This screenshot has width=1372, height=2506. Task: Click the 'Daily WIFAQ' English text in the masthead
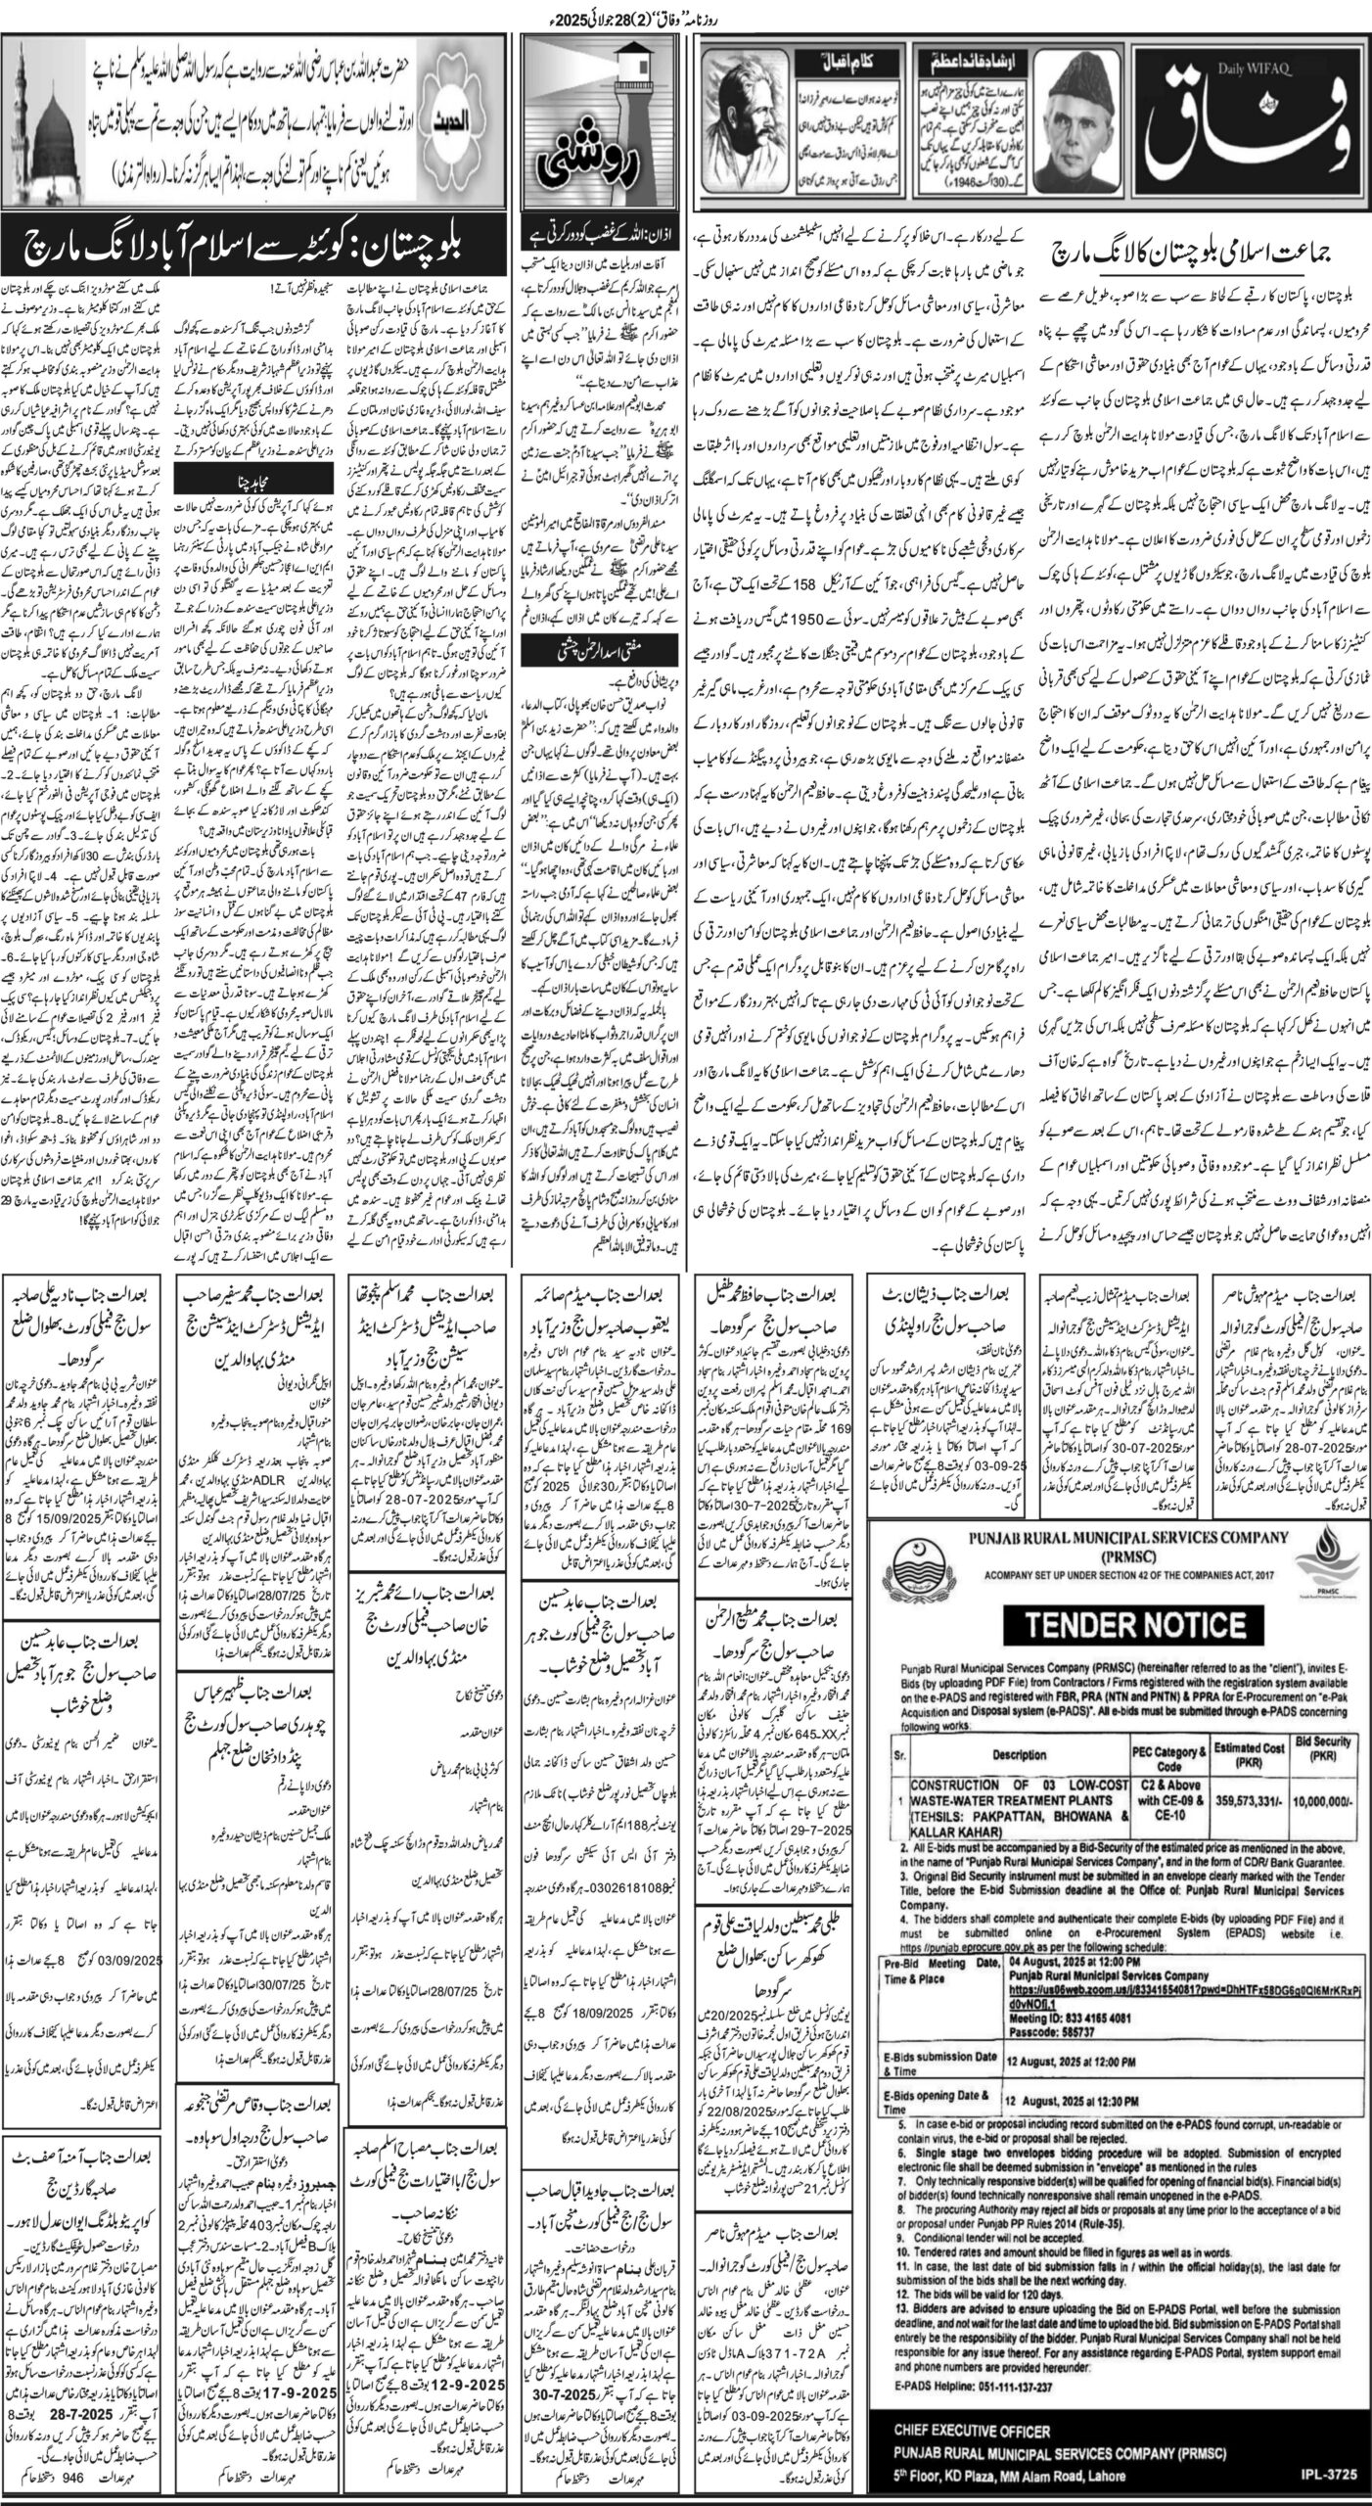(x=1168, y=68)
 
